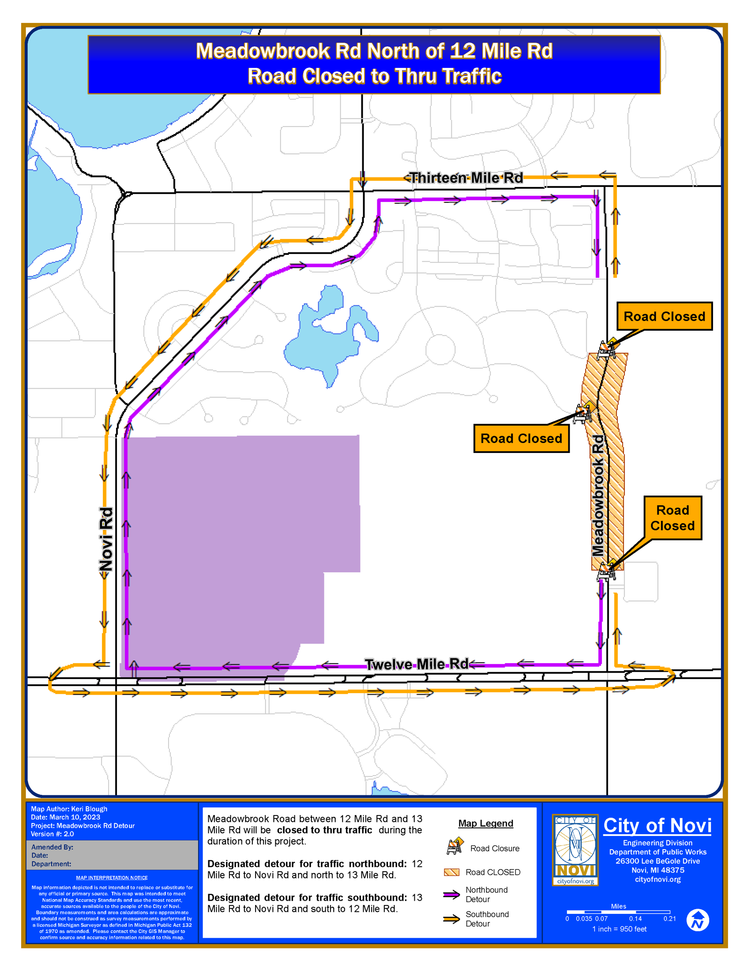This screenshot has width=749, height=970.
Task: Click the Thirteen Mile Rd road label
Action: pyautogui.click(x=466, y=178)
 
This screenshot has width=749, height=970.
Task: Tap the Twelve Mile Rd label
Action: pyautogui.click(x=416, y=664)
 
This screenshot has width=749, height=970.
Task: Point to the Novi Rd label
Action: pyautogui.click(x=106, y=539)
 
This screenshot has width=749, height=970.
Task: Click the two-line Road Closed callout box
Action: pyautogui.click(x=672, y=518)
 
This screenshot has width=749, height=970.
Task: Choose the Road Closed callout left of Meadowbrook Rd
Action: pyautogui.click(x=521, y=438)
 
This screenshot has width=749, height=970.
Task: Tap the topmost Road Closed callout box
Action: pyautogui.click(x=664, y=317)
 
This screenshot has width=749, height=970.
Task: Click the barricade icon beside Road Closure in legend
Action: pyautogui.click(x=455, y=846)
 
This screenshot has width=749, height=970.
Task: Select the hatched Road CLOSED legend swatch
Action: pyautogui.click(x=452, y=872)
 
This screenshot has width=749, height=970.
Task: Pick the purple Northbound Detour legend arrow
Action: pyautogui.click(x=452, y=895)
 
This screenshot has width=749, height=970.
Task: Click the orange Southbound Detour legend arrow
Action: pyautogui.click(x=452, y=919)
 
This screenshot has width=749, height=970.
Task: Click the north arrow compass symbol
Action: pyautogui.click(x=698, y=920)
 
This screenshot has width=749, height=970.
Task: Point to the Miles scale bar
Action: pyautogui.click(x=618, y=912)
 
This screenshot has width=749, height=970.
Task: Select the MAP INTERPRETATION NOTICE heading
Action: pyautogui.click(x=112, y=878)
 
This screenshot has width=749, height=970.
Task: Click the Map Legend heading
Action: pyautogui.click(x=485, y=823)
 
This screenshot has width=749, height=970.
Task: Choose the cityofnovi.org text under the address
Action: pyautogui.click(x=657, y=879)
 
